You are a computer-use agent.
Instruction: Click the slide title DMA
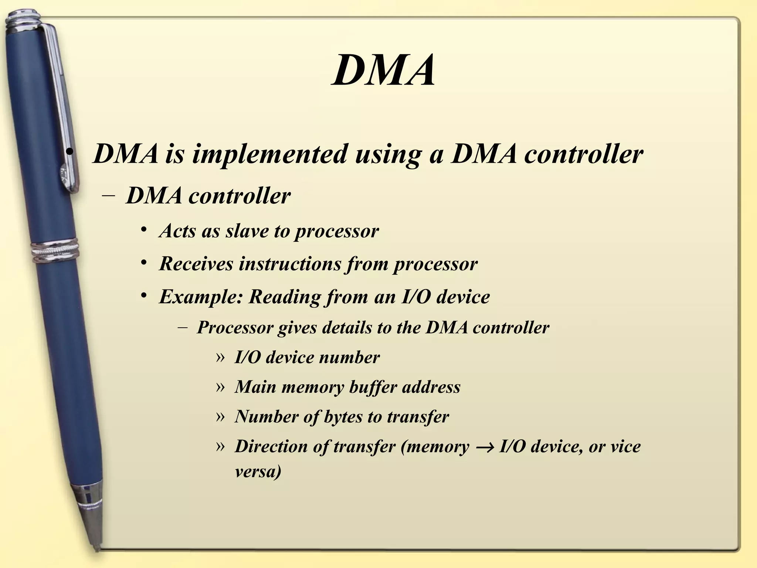383,70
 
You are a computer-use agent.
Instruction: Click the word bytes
343,417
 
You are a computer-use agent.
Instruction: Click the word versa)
258,471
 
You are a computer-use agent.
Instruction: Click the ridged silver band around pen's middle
55,251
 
